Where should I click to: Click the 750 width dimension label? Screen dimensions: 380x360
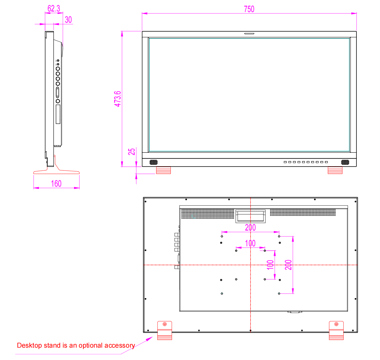pos(249,9)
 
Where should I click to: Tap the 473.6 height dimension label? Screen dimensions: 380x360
pos(117,99)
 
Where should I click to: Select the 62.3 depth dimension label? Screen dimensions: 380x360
pos(54,9)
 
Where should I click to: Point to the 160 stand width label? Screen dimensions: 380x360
pos(56,183)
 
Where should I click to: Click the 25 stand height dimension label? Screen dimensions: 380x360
pos(131,152)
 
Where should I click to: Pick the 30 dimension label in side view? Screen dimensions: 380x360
pos(68,20)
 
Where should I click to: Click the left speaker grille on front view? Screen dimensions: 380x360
pos(154,162)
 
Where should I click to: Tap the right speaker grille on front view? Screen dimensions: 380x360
pos(345,162)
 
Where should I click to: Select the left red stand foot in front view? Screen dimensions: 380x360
pos(163,170)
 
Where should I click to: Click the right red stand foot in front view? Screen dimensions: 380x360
pos(335,170)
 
